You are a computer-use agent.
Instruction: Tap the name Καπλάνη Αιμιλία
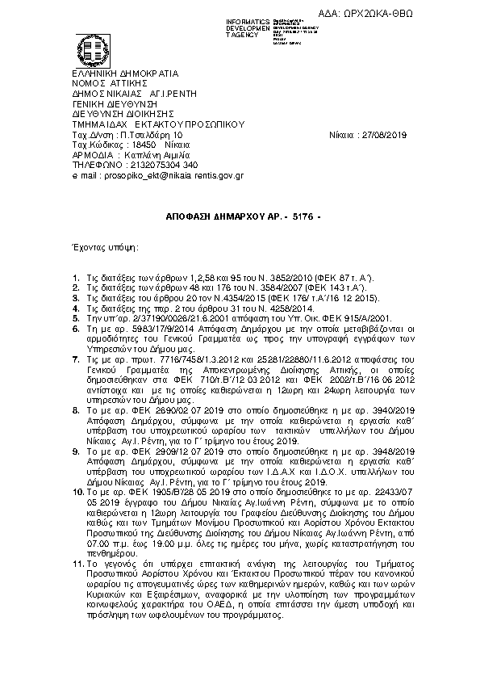161,154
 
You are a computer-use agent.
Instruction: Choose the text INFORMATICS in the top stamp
249,20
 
